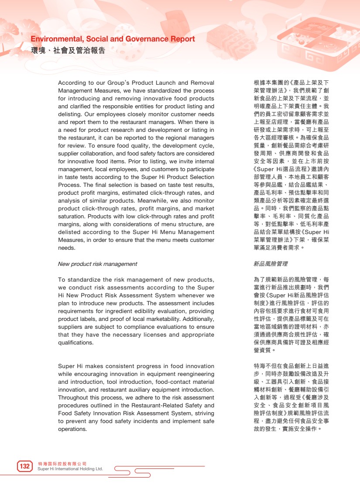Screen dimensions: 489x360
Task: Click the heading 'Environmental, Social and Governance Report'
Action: click(x=113, y=39)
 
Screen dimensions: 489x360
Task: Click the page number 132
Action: click(x=25, y=466)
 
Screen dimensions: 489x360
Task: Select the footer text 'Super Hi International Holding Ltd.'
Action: click(x=70, y=469)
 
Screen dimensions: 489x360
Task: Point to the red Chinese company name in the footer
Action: click(x=62, y=463)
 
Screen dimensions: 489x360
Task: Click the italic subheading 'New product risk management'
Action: click(x=97, y=264)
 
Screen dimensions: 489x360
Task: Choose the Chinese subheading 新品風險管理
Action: click(x=270, y=264)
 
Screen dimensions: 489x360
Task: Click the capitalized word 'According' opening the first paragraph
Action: click(x=71, y=83)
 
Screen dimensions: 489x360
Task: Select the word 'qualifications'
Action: click(x=75, y=343)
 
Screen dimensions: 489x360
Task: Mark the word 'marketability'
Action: click(x=168, y=319)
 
